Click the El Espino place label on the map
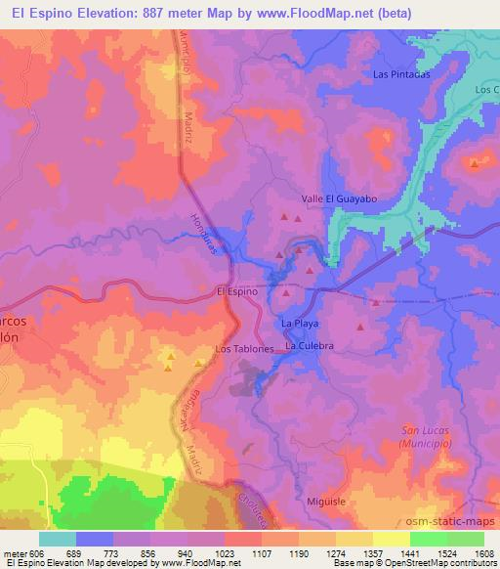tap(236, 291)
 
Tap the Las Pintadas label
tap(402, 74)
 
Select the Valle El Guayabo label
tap(346, 198)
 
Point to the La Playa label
tap(300, 323)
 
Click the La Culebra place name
tap(310, 346)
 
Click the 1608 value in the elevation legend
tap(483, 553)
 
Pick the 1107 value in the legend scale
tap(262, 553)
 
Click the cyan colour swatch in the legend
tap(58, 539)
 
